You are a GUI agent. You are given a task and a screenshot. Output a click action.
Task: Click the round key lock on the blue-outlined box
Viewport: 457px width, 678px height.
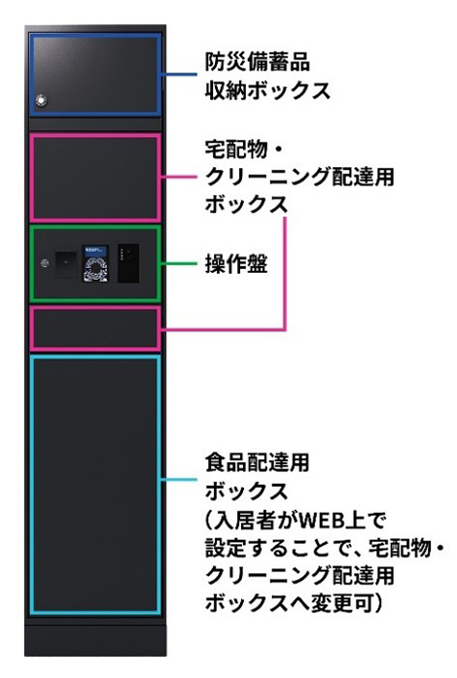pos(41,100)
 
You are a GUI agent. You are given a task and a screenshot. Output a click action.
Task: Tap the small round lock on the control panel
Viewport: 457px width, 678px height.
pos(45,263)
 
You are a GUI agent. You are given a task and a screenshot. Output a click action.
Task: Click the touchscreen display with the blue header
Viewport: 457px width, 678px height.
pos(94,263)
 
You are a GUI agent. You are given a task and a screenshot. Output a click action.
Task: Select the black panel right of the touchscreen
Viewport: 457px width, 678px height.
pos(128,263)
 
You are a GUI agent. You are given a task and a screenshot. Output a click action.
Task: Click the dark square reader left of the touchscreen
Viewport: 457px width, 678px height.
pos(66,263)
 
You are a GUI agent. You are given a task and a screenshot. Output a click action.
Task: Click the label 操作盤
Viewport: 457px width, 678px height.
pos(236,264)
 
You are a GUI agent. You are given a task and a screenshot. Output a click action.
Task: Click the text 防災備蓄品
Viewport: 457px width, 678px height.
pos(258,62)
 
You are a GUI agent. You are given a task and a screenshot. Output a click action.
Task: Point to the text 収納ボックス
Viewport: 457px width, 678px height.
pos(267,90)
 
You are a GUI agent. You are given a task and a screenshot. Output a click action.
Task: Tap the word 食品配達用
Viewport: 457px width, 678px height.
pos(258,462)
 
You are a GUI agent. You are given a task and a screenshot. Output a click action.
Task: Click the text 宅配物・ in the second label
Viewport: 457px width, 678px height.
pos(244,150)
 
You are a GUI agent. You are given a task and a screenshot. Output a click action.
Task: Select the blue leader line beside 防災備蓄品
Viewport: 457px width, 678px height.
pos(179,75)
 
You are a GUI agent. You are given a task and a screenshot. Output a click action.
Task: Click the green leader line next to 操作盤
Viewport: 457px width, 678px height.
pos(179,263)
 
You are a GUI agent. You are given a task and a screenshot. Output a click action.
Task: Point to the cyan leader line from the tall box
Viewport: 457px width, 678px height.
pos(179,480)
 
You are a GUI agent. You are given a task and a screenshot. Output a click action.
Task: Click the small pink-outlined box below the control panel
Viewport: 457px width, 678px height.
pos(95,328)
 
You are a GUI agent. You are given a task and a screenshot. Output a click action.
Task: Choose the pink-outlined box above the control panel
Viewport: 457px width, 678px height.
pos(95,178)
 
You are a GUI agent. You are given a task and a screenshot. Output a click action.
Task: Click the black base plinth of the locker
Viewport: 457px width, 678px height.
pos(95,640)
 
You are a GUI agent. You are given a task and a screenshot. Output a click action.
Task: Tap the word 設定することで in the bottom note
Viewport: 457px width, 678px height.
pos(283,548)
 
